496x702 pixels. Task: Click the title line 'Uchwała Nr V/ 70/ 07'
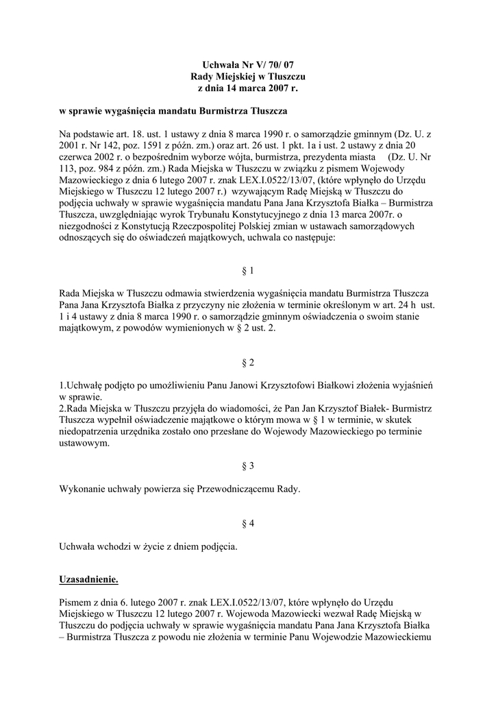[247, 64]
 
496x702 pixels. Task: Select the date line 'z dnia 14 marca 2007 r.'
[247, 88]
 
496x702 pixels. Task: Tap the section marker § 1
[248, 270]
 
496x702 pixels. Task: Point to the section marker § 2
[248, 361]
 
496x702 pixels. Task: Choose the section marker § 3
[248, 465]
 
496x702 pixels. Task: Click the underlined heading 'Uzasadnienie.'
[89, 580]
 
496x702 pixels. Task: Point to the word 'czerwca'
[77, 158]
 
